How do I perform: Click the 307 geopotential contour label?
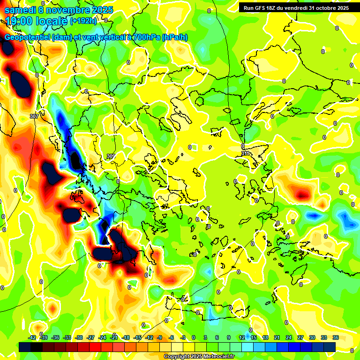click(34, 116)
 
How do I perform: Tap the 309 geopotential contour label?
click(111, 156)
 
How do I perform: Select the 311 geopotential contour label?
click(245, 153)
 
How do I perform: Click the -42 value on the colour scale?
click(32, 337)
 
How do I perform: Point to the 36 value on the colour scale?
click(336, 337)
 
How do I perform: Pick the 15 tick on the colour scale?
click(254, 337)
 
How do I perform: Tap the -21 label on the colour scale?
click(114, 337)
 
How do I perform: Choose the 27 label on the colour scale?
click(300, 337)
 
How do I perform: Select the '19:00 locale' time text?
click(36, 21)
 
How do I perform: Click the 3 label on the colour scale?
click(205, 337)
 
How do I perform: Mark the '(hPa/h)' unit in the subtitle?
click(175, 37)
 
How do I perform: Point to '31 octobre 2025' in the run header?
click(325, 8)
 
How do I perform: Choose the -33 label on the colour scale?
click(67, 337)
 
